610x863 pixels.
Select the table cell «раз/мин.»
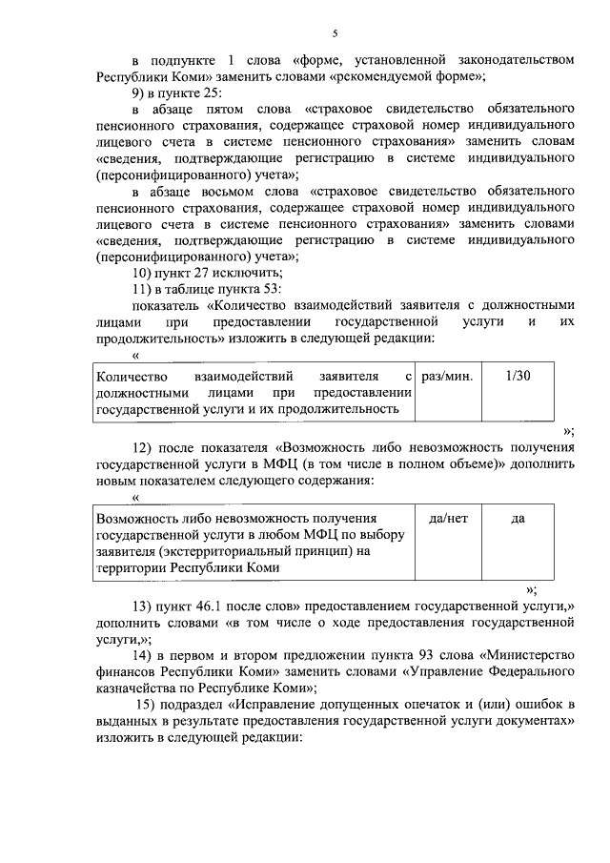pyautogui.click(x=447, y=377)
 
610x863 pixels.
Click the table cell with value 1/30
pyautogui.click(x=518, y=377)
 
